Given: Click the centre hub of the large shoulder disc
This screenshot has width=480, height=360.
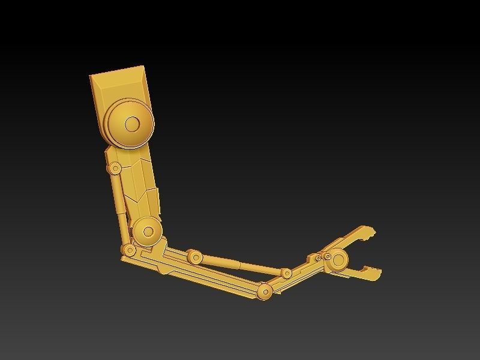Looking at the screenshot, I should (132, 124).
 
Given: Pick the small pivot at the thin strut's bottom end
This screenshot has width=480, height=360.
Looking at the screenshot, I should (128, 250).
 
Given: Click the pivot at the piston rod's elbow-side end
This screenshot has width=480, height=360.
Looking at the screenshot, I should (194, 257).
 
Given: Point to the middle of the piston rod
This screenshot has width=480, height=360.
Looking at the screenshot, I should (240, 265).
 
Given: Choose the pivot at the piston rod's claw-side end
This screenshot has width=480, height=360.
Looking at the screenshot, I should (287, 274).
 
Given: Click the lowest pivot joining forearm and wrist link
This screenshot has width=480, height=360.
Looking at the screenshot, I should (264, 292).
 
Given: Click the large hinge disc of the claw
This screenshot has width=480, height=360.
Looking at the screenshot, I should (339, 260).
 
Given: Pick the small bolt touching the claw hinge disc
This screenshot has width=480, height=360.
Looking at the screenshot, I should (328, 257).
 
